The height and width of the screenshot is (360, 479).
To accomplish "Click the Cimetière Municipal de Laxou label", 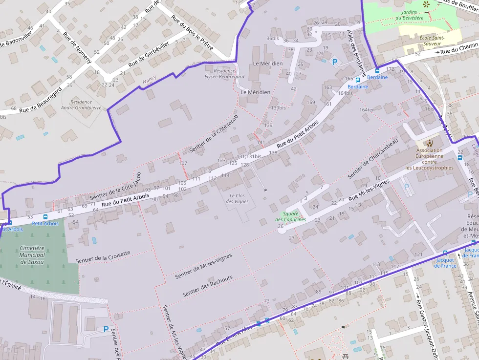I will (x=33, y=255).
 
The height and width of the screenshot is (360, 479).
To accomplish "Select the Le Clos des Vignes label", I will (x=239, y=198).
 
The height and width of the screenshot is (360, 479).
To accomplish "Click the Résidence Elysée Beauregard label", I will (x=224, y=74).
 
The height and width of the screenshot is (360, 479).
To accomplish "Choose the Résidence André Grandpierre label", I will (x=81, y=105).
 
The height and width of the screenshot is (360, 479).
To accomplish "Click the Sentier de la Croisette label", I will (x=104, y=255).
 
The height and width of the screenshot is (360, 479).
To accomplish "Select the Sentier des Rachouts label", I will (x=208, y=286).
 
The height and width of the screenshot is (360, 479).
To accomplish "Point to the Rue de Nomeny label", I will (x=78, y=50).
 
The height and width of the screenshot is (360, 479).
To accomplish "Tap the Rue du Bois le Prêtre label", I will (x=192, y=32).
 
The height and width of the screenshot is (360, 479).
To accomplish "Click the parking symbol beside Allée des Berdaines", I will (x=335, y=62).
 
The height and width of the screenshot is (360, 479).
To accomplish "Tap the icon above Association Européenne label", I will (x=429, y=143).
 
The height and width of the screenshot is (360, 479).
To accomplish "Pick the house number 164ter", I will (x=367, y=109).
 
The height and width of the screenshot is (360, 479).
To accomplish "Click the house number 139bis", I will (x=278, y=108).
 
